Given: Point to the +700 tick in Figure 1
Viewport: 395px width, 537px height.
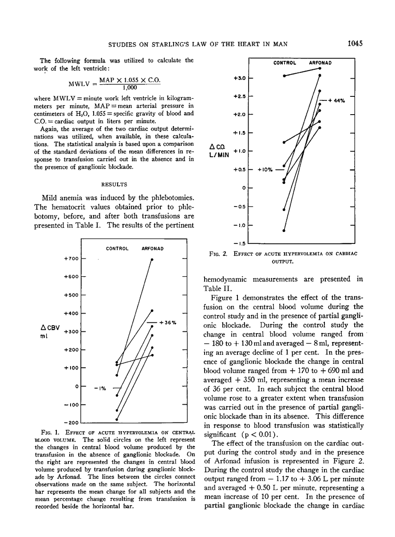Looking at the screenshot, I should coord(72,259).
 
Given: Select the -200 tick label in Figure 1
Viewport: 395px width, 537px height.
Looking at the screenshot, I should coord(72,423).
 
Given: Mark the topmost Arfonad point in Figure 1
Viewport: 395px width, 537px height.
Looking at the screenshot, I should coord(152,259).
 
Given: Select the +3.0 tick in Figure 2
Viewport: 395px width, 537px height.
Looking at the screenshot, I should coord(240,78).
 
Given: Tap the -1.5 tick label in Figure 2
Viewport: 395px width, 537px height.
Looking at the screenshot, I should coord(240,243).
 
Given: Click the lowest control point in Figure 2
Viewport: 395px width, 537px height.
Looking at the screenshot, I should coord(284,231).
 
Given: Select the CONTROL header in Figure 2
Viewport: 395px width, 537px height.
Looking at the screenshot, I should coord(285,63).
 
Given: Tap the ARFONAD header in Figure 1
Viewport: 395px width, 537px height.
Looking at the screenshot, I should coord(152,248).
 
